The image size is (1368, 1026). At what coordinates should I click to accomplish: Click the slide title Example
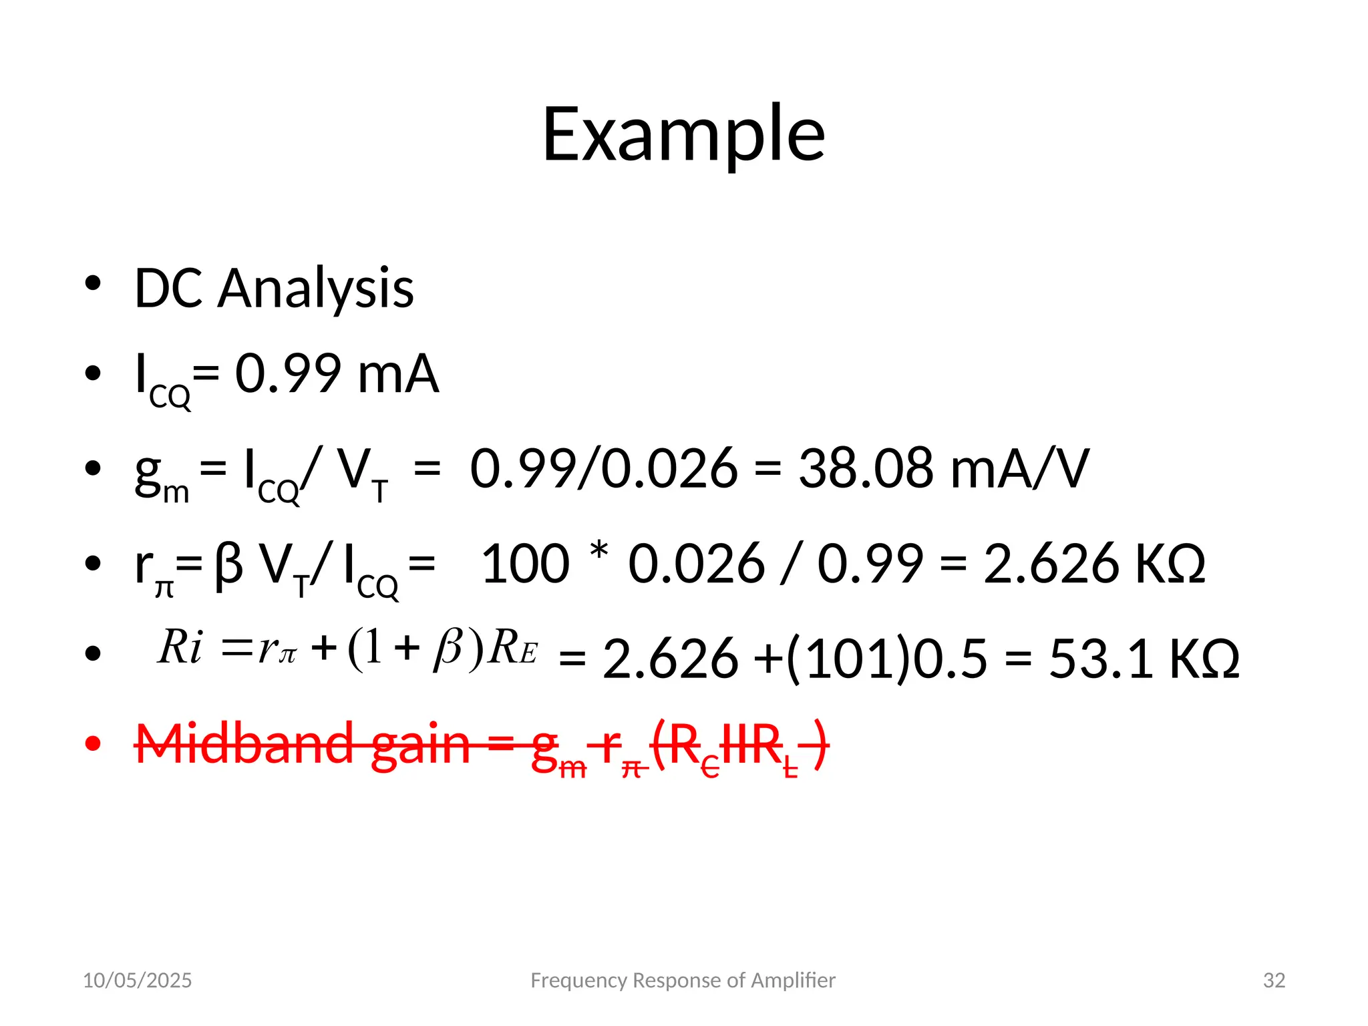(x=683, y=135)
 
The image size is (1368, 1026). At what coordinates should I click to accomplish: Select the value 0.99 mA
(x=337, y=374)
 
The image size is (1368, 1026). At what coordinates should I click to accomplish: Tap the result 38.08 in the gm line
(x=866, y=469)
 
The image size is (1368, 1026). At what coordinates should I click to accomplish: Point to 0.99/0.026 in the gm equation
(x=604, y=469)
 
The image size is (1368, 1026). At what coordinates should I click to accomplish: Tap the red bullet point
(x=93, y=743)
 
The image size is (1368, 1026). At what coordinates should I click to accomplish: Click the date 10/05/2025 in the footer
(x=137, y=981)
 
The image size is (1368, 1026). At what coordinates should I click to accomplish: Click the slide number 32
(x=1274, y=981)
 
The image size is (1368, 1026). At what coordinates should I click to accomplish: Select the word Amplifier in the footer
(x=793, y=981)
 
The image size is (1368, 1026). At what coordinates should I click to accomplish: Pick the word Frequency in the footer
(x=578, y=981)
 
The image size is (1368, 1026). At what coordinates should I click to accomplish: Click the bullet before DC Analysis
(x=93, y=283)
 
